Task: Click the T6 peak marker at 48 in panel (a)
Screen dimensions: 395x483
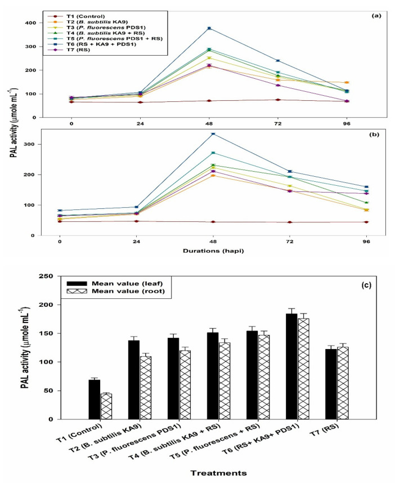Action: (209, 28)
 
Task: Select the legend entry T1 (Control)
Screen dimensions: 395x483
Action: (77, 16)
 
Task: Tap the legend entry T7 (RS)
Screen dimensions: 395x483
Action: (69, 50)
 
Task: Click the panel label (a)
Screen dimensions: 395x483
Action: (376, 16)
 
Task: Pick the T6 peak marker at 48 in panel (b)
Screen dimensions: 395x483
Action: (213, 133)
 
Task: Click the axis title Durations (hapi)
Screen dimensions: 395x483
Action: (213, 251)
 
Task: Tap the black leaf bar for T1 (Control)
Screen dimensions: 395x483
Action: (94, 400)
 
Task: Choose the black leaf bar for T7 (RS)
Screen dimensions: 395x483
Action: (331, 384)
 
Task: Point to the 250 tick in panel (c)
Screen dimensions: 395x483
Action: (47, 276)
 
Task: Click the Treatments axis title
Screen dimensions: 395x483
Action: (218, 473)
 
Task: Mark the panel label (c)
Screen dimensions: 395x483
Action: (366, 285)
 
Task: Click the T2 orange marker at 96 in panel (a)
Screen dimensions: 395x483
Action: (347, 83)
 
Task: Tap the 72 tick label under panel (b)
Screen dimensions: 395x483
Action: (290, 242)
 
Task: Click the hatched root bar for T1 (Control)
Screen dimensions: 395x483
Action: (106, 406)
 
